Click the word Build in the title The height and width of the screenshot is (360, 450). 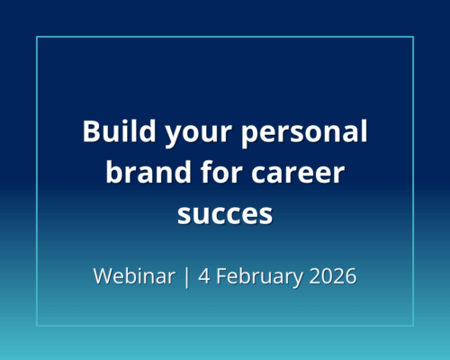click(114, 132)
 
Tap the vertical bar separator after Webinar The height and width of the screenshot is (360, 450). click(186, 276)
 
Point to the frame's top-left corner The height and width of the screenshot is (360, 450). click(37, 37)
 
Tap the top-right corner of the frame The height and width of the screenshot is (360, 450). click(413, 37)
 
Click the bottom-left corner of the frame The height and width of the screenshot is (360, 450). click(37, 325)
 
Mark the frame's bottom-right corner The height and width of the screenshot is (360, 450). click(413, 325)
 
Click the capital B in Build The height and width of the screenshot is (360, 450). click(91, 132)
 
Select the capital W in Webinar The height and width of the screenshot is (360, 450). click(103, 275)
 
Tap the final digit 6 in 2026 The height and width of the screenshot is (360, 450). click(351, 275)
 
